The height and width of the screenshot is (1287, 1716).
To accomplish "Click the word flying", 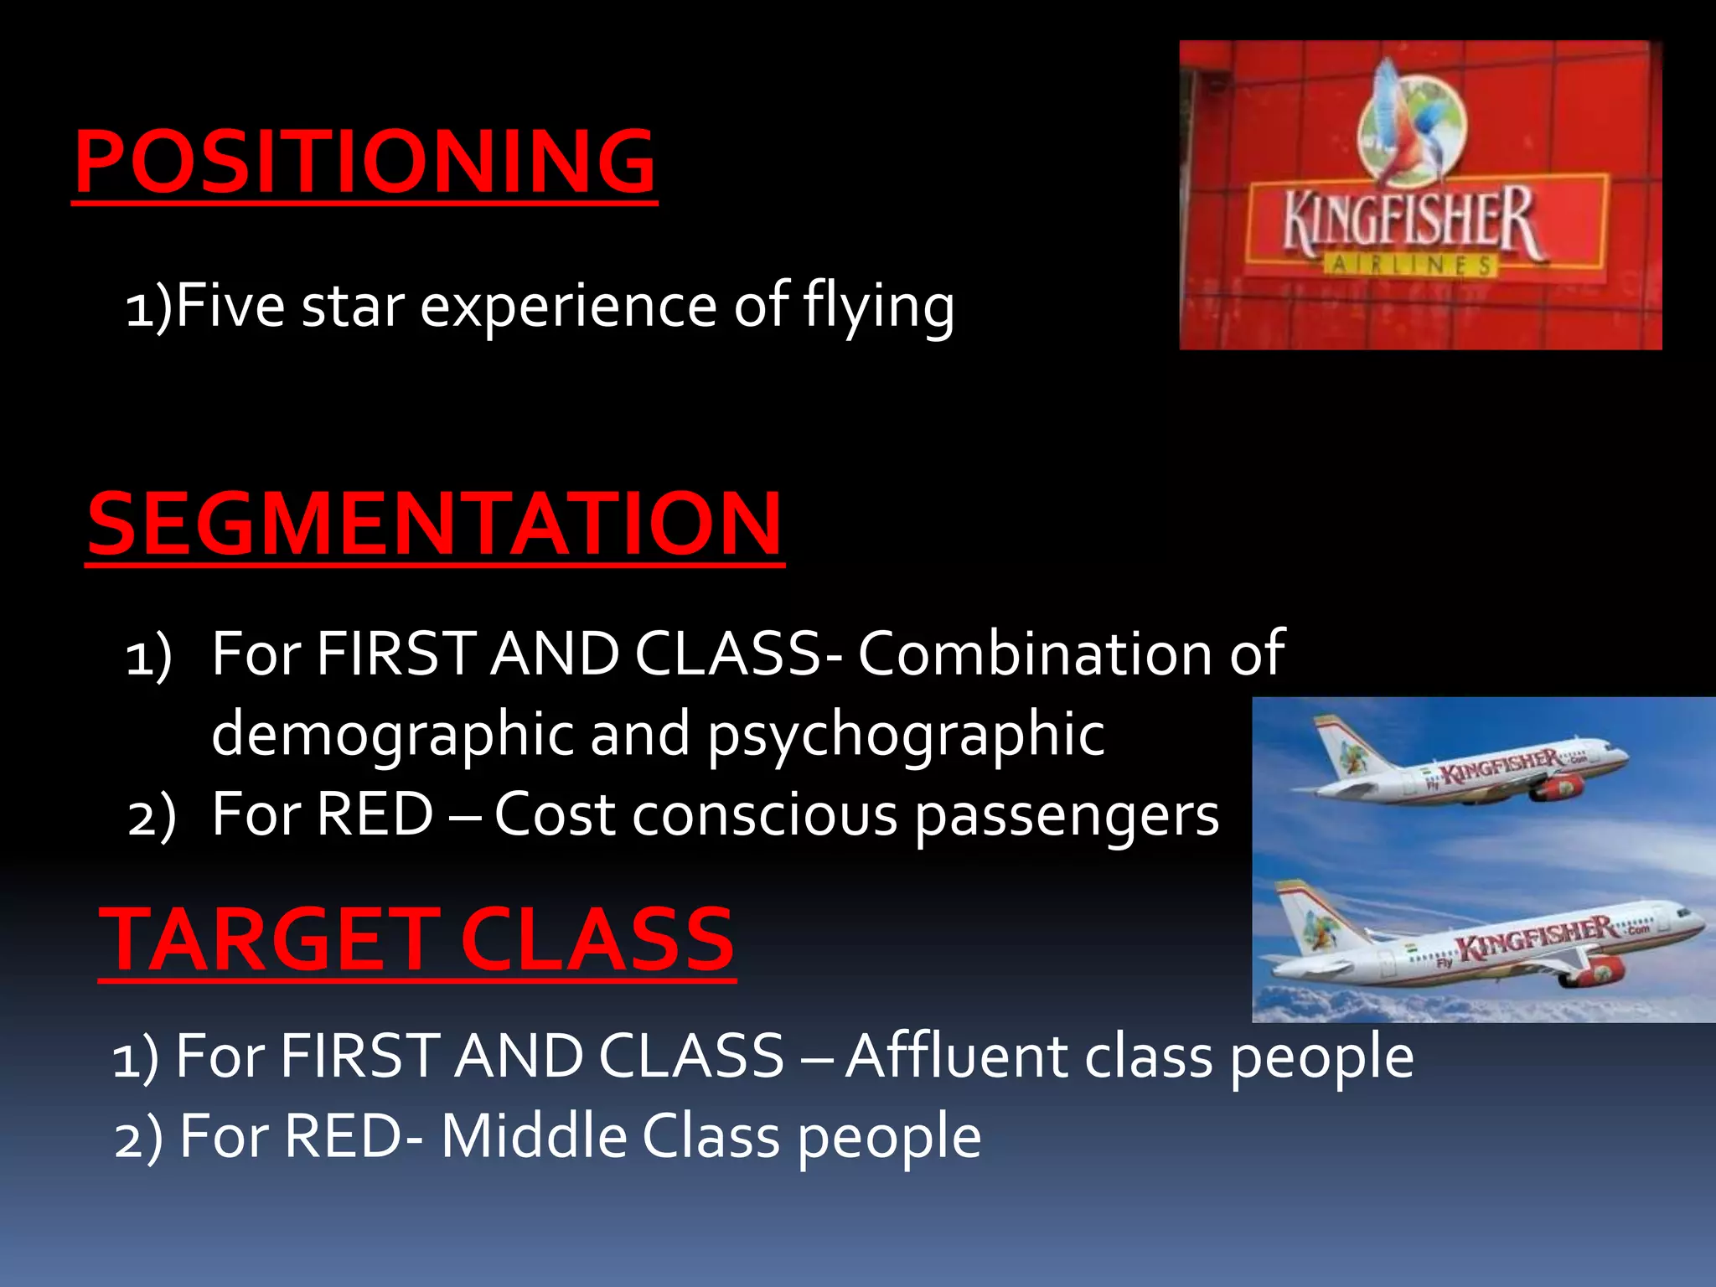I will tap(878, 307).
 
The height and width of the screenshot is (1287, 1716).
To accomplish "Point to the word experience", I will tap(567, 307).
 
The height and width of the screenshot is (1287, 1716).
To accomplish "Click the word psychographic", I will tap(906, 734).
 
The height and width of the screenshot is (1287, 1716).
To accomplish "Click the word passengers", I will tap(1067, 815).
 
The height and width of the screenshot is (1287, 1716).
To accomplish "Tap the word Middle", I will tap(534, 1136).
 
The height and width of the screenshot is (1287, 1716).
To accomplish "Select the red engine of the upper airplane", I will tap(1558, 788).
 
